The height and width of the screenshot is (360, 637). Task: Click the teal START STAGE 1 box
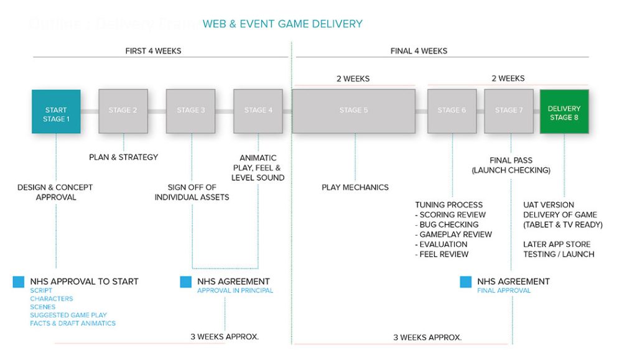[56, 111]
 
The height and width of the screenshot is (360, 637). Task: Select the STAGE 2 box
[123, 111]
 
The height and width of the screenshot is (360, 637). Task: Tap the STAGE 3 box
[190, 111]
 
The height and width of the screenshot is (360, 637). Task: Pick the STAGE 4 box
[258, 111]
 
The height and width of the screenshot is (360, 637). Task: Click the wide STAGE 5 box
[354, 111]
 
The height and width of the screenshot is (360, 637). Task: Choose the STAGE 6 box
[452, 111]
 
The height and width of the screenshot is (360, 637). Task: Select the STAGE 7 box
[509, 111]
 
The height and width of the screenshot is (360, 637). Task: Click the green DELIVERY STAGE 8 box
[564, 111]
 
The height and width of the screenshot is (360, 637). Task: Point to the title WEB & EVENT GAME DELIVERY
[282, 24]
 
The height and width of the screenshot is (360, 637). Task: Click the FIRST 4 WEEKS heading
[153, 51]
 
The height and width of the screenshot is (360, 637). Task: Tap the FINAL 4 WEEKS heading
[419, 51]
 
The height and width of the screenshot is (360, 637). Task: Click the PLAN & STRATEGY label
[123, 157]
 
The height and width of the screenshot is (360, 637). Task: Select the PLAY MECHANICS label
[355, 187]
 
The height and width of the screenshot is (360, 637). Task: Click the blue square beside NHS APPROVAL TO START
[18, 282]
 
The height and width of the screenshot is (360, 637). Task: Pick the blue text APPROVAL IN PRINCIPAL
[235, 290]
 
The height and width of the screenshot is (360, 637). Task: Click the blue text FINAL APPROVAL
[504, 290]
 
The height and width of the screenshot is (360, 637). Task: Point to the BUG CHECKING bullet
[449, 224]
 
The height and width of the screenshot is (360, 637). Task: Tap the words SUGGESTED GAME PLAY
[68, 315]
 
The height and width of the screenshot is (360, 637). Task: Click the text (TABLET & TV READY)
[563, 224]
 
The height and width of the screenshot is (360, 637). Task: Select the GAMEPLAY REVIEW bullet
[455, 234]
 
